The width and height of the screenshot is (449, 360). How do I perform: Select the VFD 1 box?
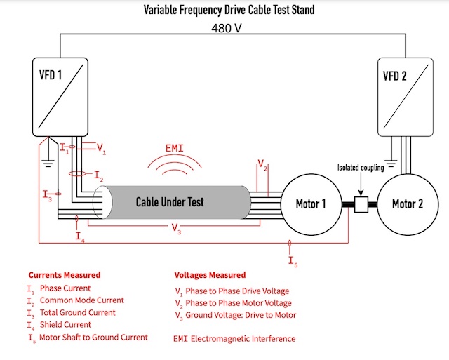pyautogui.click(x=60, y=97)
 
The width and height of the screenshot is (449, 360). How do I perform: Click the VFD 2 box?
pyautogui.click(x=405, y=97)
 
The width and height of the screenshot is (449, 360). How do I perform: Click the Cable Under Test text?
pyautogui.click(x=170, y=201)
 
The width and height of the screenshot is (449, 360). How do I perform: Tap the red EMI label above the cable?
pyautogui.click(x=174, y=148)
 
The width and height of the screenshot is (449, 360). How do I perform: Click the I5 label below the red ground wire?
pyautogui.click(x=292, y=261)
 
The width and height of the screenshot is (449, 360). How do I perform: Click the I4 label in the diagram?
pyautogui.click(x=81, y=236)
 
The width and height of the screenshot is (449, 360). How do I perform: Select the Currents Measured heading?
pyautogui.click(x=64, y=275)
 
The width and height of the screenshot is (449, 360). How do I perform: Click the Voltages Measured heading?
pyautogui.click(x=210, y=275)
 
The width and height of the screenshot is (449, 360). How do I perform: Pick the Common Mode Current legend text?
pyautogui.click(x=81, y=300)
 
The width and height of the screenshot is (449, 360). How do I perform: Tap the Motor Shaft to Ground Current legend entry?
pyautogui.click(x=93, y=338)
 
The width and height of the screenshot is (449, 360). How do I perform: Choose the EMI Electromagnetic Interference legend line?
pyautogui.click(x=234, y=339)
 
